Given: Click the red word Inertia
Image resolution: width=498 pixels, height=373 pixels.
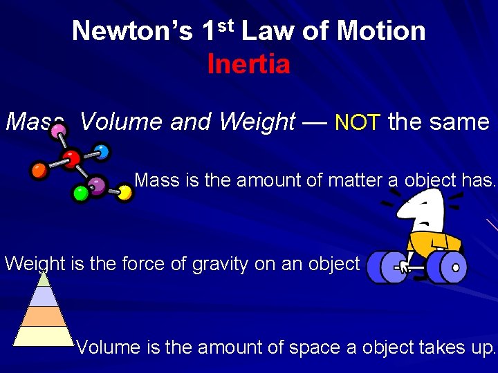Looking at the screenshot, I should point(248,64).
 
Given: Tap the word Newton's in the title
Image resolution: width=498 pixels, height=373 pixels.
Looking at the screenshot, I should point(131,31).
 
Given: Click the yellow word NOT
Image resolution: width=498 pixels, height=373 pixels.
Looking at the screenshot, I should point(357,123).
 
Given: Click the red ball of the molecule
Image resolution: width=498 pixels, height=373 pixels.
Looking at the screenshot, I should point(70,159).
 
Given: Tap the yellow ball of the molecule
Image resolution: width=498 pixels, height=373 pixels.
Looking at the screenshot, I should point(124,193).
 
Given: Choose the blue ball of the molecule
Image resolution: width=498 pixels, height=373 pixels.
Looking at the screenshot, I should point(102,151).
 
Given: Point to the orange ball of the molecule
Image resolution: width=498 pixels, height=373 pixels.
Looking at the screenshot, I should point(39,169).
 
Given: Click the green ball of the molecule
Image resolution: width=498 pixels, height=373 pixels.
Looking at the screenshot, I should point(81,193).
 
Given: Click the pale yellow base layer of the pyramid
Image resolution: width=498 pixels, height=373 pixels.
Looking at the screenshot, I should point(44,336).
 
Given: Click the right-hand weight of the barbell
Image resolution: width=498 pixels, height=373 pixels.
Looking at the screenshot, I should point(445,267).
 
